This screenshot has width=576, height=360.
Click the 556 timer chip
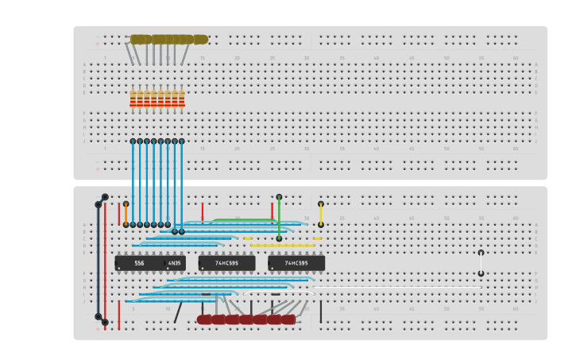coord(139,263)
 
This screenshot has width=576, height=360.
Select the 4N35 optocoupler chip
coord(175,263)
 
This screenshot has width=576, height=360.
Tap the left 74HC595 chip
coord(226,263)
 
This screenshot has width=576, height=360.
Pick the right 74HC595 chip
coord(296,263)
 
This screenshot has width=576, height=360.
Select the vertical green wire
coord(279,217)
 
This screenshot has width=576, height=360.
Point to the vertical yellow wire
coord(321,214)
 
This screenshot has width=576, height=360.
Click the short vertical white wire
coord(481,263)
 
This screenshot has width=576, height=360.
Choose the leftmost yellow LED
coord(138,39)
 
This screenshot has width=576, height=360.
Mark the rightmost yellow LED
coord(199,39)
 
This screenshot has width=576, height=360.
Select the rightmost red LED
coord(287,319)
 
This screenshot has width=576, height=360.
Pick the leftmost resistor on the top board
coord(133,99)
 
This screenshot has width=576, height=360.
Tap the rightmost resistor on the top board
coord(182,99)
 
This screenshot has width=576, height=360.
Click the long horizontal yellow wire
coord(282,246)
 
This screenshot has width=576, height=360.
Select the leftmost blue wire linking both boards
coord(133,183)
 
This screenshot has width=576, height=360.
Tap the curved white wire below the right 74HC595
coord(278,292)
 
